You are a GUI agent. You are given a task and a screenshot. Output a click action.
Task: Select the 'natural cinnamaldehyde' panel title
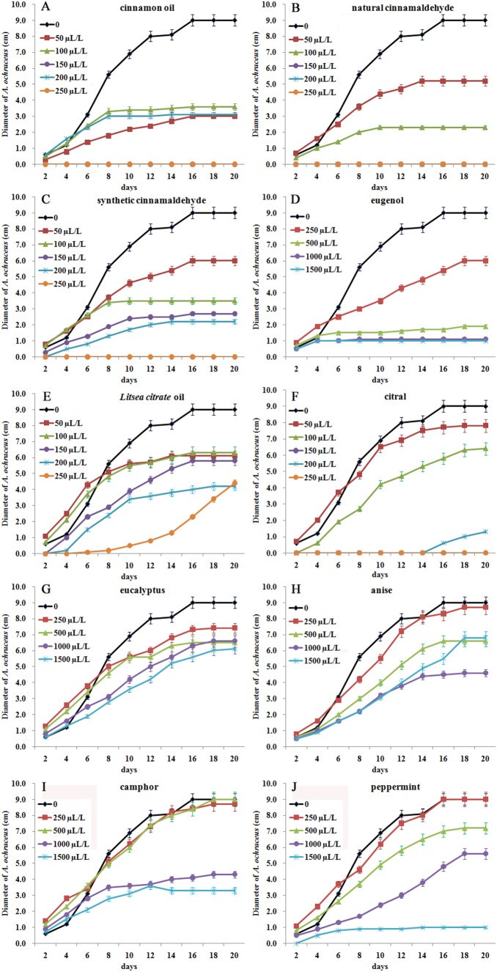[402, 9]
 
